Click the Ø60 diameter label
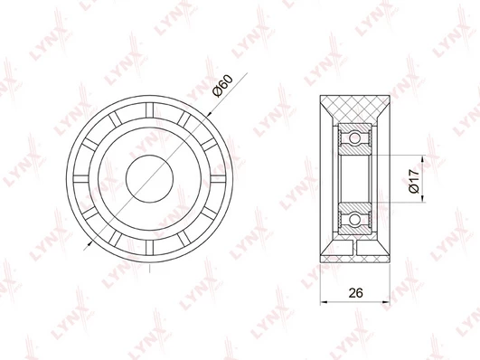click(224, 86)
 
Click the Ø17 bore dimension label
click(414, 181)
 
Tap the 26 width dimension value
click(355, 293)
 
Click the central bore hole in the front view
click(149, 178)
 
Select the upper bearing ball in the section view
click(354, 138)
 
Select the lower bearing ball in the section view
click(354, 220)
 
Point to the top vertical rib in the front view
click(149, 110)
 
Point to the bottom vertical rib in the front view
click(149, 248)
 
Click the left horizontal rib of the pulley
click(81, 179)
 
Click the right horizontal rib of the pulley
click(218, 179)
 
